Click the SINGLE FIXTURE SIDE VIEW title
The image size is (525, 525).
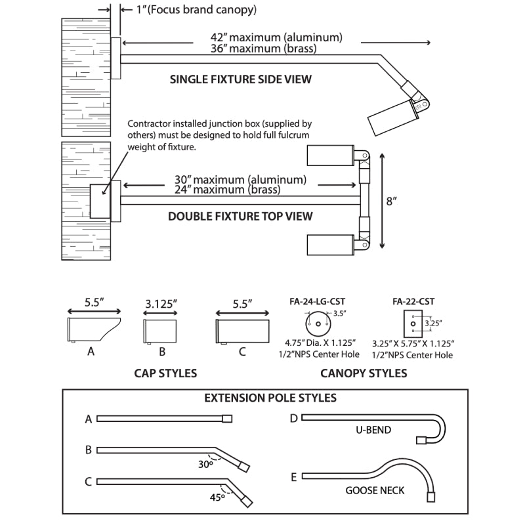pyautogui.click(x=240, y=79)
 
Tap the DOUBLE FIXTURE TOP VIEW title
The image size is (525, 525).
pyautogui.click(x=240, y=216)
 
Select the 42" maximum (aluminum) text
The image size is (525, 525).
pyautogui.click(x=276, y=37)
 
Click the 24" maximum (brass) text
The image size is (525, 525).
pyautogui.click(x=226, y=190)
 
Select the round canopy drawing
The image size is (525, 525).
pyautogui.click(x=318, y=324)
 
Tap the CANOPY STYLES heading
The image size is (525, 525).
pyautogui.click(x=364, y=373)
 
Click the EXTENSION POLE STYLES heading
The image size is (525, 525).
pyautogui.click(x=270, y=398)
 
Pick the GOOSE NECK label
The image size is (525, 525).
pyautogui.click(x=375, y=490)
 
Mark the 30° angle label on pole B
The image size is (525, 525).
pyautogui.click(x=205, y=463)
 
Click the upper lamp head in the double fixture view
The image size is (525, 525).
pyautogui.click(x=331, y=156)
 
